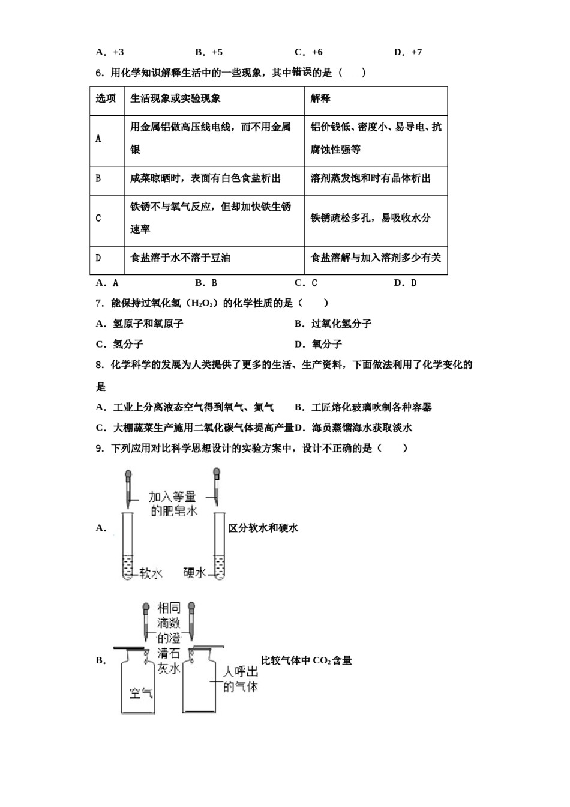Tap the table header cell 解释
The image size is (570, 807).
(x=320, y=98)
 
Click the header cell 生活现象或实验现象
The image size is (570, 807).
(x=175, y=98)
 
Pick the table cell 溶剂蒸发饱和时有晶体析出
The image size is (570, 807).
(x=371, y=178)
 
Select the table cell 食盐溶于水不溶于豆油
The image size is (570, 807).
(x=180, y=258)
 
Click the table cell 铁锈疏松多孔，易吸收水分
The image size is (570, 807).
(x=371, y=217)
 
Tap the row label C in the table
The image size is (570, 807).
(x=98, y=218)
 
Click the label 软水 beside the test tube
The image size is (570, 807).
(x=151, y=573)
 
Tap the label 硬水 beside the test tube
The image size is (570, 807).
(x=194, y=572)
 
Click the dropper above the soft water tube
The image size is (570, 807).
(x=128, y=488)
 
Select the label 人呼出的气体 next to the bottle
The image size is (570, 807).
(x=241, y=680)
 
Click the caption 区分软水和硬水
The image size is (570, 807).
(x=263, y=528)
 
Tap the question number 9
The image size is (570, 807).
(x=100, y=449)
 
